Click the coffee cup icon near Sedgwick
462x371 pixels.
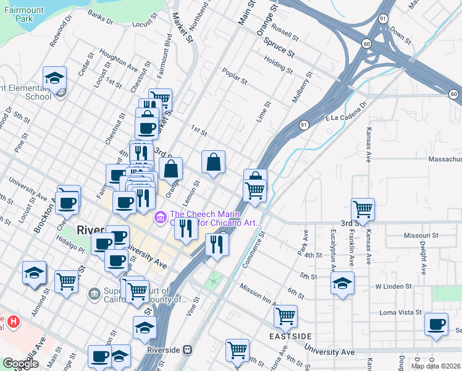(x=436, y=324)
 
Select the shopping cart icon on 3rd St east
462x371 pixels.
(x=362, y=208)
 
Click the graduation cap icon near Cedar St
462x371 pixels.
(x=54, y=79)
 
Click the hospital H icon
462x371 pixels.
(x=13, y=323)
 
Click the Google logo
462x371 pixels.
(x=20, y=364)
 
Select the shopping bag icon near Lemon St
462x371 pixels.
(x=213, y=163)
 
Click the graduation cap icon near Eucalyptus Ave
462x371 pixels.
(x=342, y=283)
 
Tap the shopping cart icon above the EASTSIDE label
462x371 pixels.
(x=285, y=316)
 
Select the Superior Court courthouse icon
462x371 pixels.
(x=94, y=292)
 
